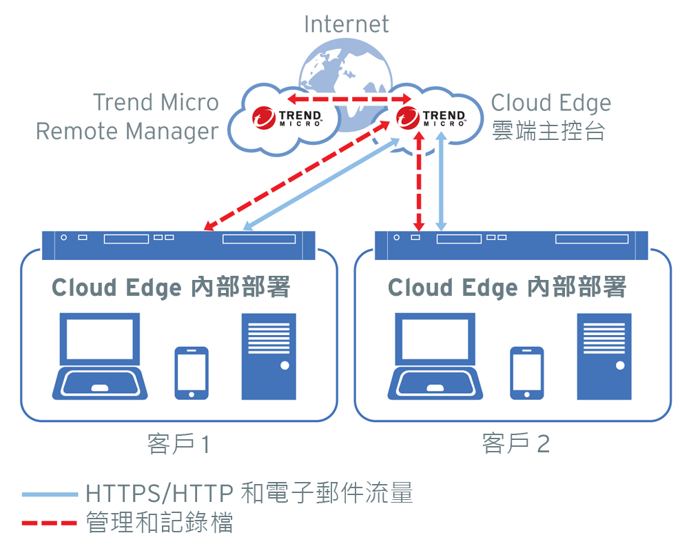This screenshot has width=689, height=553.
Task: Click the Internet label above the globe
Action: (346, 24)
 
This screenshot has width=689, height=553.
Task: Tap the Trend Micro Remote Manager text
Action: (127, 117)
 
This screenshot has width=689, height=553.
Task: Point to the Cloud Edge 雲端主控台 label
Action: (551, 117)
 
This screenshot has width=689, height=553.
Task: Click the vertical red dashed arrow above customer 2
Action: (418, 183)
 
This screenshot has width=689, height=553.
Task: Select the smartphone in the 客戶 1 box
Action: (191, 372)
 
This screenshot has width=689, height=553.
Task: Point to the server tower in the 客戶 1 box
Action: (269, 356)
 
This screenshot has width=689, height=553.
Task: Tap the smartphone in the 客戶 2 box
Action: (526, 372)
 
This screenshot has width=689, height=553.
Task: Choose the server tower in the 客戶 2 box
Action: (604, 356)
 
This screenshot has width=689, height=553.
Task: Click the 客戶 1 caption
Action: (178, 444)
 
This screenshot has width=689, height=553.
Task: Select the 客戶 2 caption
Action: (515, 444)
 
